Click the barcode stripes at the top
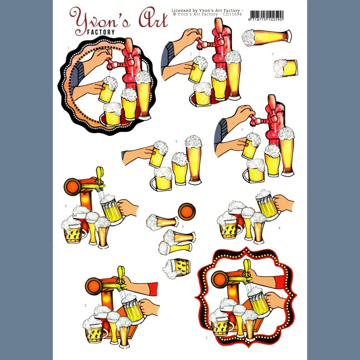266,15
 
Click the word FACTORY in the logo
101,32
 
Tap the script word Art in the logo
154,18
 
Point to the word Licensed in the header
181,10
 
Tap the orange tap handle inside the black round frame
129,46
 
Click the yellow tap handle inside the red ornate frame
247,267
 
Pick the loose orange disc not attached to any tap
187,211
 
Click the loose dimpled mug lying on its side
176,268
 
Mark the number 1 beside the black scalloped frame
68,48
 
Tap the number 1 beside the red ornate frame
206,338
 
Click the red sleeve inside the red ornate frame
280,282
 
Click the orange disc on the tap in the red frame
220,279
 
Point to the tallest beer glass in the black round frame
143,95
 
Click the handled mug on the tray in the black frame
112,114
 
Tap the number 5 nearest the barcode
273,54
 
